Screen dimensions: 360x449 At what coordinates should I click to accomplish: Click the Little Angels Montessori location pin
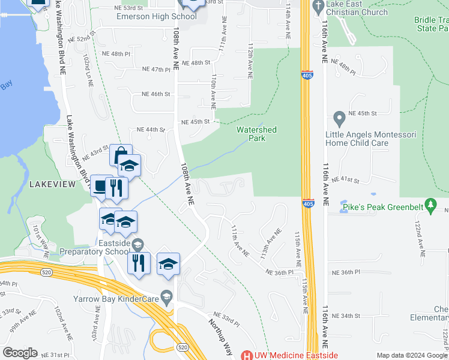pos(339,117)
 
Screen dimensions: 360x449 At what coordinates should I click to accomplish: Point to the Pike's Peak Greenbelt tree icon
pos(430,205)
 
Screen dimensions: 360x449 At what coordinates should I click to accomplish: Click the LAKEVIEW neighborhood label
pos(53,184)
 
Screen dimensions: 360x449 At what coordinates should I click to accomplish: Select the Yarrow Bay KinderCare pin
pos(167,296)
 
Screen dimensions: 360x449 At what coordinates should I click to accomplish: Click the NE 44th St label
pos(150,130)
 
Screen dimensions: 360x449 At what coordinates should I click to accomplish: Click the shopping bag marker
pos(121,155)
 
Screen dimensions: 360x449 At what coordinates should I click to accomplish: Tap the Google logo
pos(20,352)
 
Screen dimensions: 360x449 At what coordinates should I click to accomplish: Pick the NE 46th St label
pos(156,94)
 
